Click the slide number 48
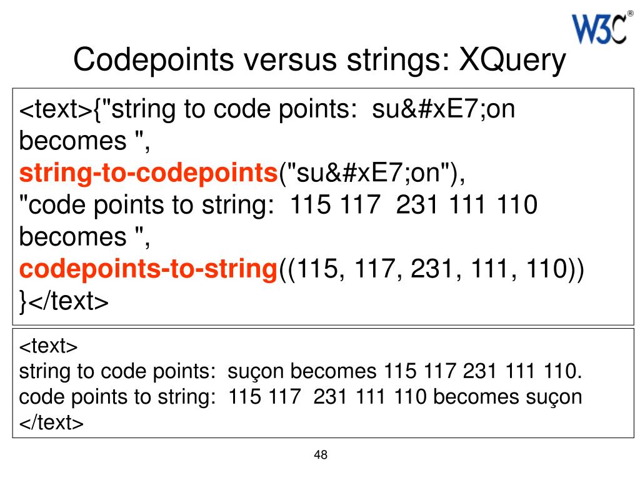321,454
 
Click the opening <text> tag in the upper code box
56,111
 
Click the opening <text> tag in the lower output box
48,346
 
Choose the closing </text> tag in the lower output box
51,422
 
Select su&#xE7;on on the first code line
444,111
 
